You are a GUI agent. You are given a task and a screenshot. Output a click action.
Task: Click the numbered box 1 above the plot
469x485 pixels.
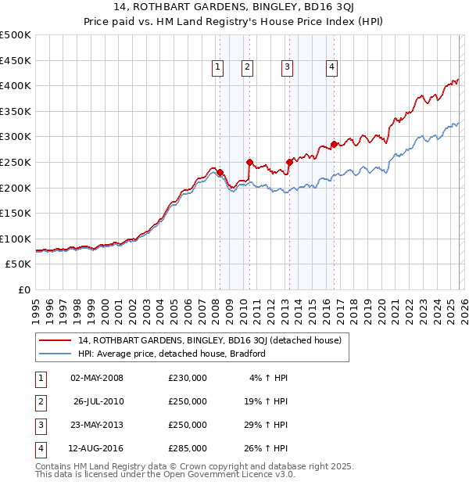pos(217,68)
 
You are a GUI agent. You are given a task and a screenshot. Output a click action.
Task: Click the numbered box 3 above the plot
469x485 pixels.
pos(287,68)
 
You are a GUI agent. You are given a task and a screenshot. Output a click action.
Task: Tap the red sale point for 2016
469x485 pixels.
pos(334,144)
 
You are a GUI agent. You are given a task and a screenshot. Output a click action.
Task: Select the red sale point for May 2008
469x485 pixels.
pos(220,172)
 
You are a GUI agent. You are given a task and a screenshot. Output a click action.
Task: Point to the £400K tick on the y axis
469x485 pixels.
pos(16,85)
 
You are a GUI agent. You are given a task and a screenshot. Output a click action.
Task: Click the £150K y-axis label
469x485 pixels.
pos(16,213)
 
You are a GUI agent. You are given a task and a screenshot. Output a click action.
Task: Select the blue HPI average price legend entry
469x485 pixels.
pos(172,354)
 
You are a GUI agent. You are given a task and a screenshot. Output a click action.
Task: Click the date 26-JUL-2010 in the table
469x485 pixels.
pos(98,401)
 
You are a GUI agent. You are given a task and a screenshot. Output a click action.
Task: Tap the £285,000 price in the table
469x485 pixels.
pos(188,448)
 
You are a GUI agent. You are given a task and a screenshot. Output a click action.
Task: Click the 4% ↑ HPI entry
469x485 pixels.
pos(268,378)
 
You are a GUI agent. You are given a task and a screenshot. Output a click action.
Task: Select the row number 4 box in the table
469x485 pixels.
pos(39,448)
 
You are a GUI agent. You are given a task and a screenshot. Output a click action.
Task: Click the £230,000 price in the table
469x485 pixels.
pos(188,378)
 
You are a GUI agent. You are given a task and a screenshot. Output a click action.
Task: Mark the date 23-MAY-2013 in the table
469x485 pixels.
pos(98,425)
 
